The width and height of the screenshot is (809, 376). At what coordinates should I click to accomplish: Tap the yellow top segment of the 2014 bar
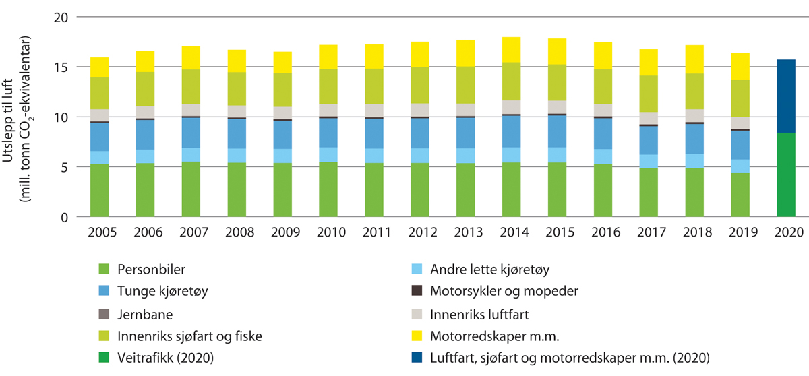515,50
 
